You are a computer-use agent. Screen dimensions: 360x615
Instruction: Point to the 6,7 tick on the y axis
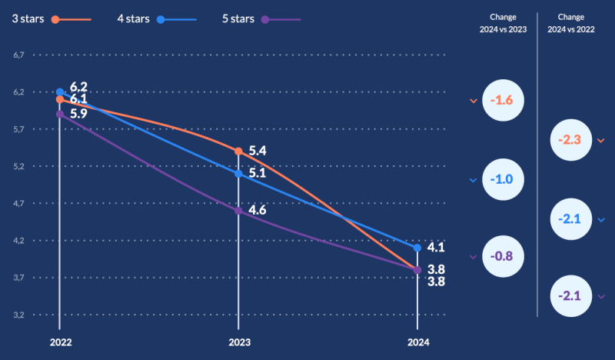click(x=19, y=55)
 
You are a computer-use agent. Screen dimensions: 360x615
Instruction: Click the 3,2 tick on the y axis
click(x=19, y=315)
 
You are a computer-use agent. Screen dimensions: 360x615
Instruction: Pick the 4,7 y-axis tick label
click(x=19, y=204)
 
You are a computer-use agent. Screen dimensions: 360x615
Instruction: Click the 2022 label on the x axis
click(x=59, y=342)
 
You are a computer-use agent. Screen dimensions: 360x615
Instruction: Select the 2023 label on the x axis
click(x=238, y=342)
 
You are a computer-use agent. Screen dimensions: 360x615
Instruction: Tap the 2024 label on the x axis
click(x=417, y=342)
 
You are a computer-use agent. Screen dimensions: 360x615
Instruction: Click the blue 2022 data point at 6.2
click(x=60, y=92)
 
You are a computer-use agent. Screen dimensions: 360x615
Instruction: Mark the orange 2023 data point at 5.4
click(x=238, y=152)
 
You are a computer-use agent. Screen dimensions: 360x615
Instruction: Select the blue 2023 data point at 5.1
click(x=238, y=174)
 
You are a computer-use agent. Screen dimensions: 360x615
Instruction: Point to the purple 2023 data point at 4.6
click(x=238, y=211)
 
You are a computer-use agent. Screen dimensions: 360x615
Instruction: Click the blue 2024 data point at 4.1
click(x=417, y=248)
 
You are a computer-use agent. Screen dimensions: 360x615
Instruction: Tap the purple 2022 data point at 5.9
click(x=60, y=114)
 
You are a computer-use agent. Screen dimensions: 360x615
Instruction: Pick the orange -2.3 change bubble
click(x=570, y=140)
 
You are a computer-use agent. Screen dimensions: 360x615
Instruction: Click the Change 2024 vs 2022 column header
click(x=571, y=21)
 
